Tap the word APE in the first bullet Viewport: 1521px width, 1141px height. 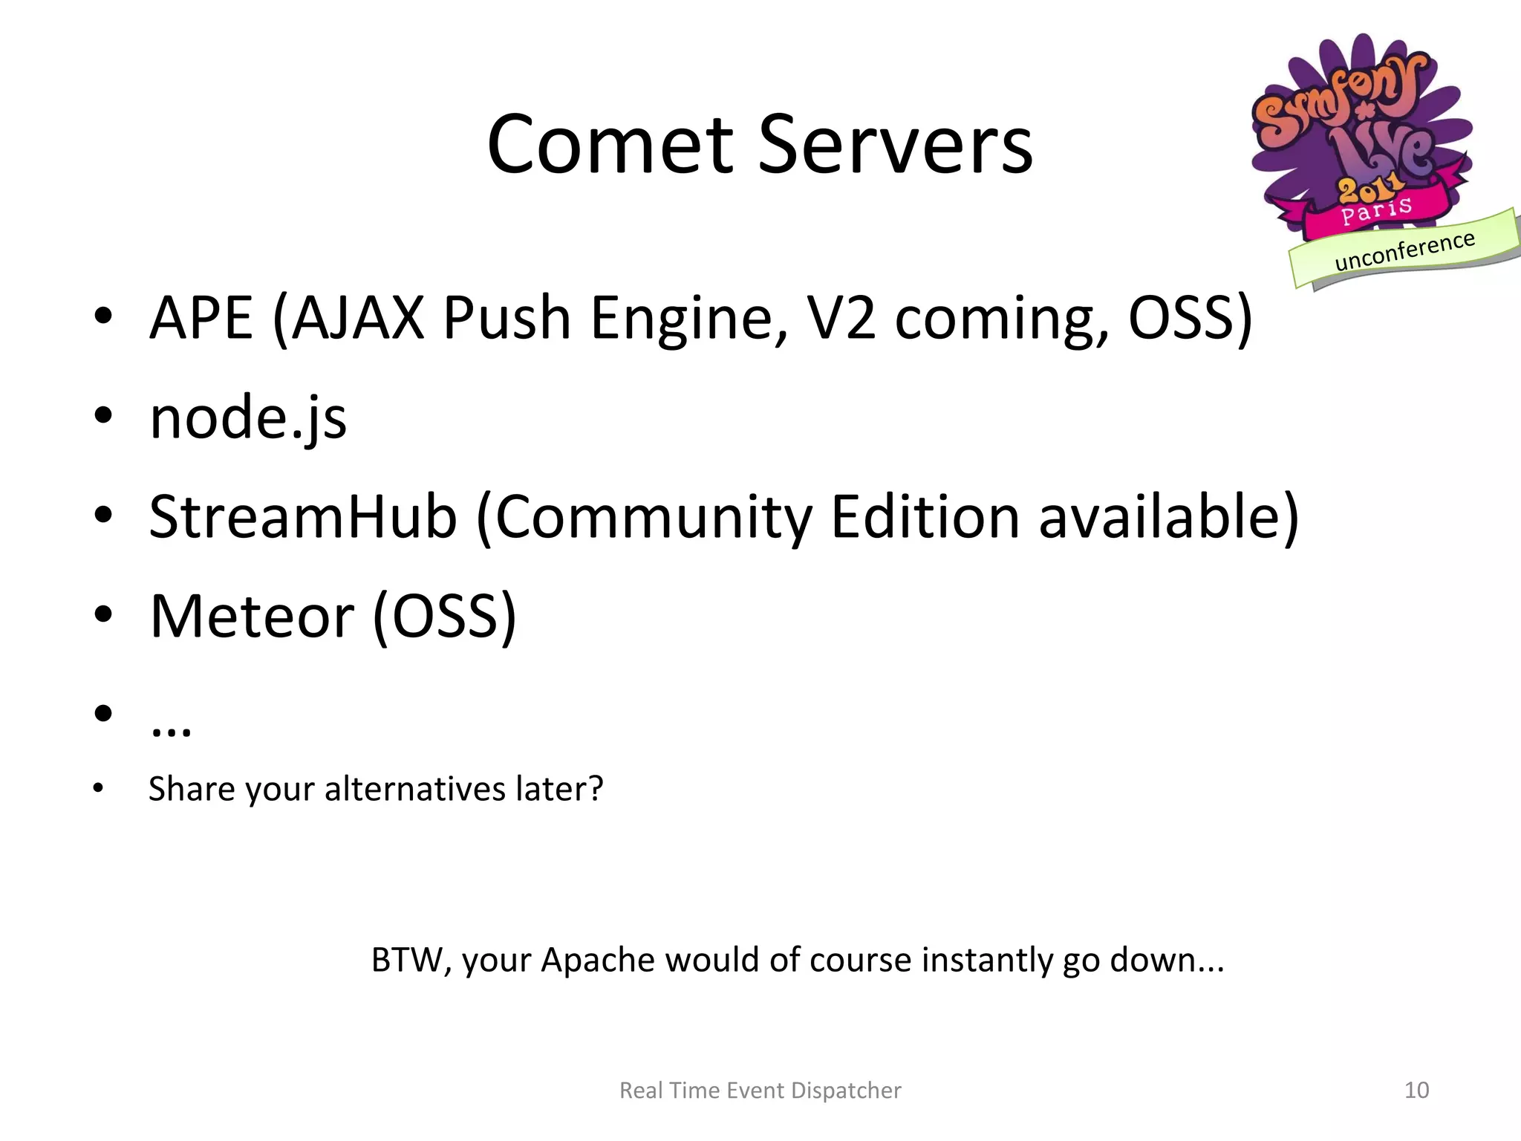point(201,318)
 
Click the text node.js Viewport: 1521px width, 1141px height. point(248,417)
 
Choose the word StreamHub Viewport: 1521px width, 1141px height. point(303,516)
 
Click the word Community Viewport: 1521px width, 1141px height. point(654,518)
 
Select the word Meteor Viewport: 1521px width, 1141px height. point(252,616)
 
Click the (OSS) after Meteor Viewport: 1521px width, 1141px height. point(444,616)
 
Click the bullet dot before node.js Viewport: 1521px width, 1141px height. point(103,416)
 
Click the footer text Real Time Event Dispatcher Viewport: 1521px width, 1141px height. point(760,1090)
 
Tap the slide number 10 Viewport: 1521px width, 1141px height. point(1416,1090)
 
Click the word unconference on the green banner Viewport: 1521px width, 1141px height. point(1404,251)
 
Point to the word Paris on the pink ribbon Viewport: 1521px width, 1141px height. point(1375,210)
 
